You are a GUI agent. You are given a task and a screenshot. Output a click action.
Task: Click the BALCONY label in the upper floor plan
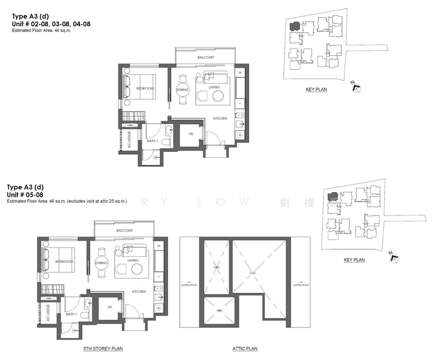pos(206,58)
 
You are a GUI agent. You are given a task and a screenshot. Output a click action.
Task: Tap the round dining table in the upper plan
pos(182,91)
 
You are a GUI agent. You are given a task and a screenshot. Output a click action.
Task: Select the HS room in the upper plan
pos(191,134)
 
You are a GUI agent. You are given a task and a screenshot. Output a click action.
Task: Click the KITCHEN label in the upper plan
pos(220,119)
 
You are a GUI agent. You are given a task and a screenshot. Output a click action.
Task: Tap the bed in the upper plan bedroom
pos(139,86)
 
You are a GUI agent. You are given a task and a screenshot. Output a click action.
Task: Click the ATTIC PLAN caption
pos(245,349)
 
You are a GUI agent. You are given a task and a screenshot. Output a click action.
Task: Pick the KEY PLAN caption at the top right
pos(316,89)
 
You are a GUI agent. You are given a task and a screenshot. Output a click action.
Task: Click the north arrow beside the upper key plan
pos(356,88)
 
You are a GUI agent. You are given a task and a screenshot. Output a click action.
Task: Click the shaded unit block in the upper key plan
pos(294,27)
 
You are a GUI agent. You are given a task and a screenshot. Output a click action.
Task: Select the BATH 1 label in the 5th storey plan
pos(70,314)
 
